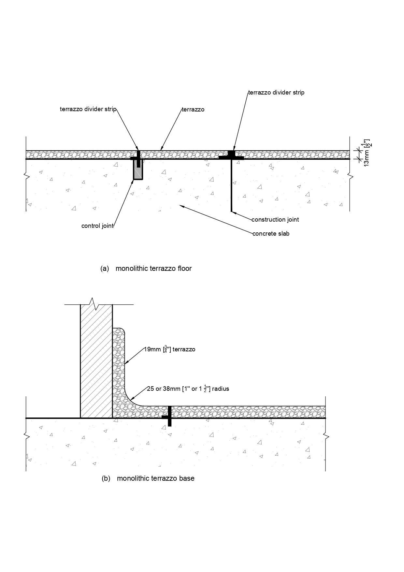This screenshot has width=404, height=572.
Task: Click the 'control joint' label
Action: (97, 226)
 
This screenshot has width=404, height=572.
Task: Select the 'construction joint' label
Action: (275, 220)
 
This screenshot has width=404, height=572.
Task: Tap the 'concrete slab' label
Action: (271, 234)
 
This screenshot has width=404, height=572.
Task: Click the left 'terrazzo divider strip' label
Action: (88, 109)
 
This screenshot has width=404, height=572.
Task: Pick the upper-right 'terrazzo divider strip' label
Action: (276, 93)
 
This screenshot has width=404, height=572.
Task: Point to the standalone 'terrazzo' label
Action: (193, 110)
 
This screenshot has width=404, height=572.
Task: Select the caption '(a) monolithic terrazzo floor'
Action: (146, 269)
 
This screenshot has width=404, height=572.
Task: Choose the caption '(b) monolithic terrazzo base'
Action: (148, 478)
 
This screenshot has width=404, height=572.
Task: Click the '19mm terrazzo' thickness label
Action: (170, 349)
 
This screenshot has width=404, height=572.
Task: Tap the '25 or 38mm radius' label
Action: (188, 389)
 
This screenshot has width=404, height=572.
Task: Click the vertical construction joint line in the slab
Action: (231, 186)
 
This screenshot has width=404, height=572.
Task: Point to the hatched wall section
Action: (96, 362)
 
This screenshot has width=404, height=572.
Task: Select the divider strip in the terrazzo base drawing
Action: (169, 417)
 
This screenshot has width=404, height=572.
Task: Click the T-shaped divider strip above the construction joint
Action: (231, 155)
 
